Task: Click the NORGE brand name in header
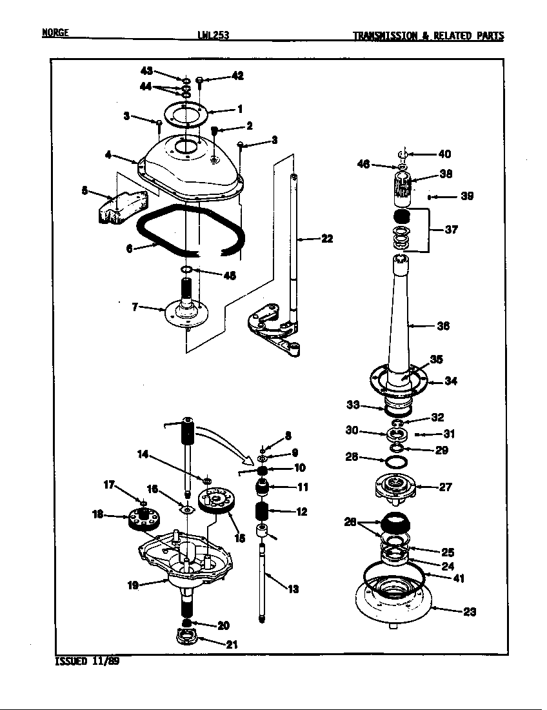(55, 34)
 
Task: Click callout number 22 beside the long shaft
(327, 239)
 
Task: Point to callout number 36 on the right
(443, 326)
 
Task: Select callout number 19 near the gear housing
(132, 586)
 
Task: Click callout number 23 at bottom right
(470, 612)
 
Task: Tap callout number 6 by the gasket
(130, 248)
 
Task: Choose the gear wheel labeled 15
(215, 501)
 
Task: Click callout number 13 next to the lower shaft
(293, 589)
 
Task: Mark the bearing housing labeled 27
(393, 487)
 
